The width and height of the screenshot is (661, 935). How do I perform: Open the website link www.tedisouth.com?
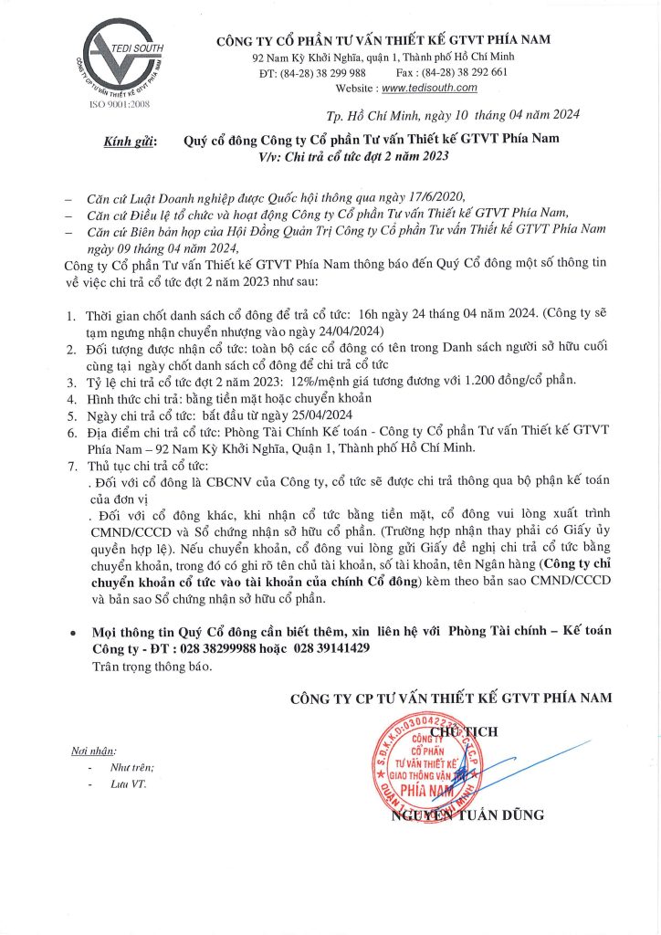click(x=429, y=88)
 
